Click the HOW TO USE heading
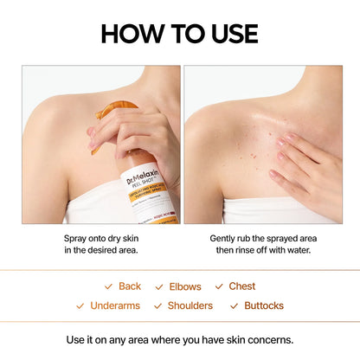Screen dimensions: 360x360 (179, 34)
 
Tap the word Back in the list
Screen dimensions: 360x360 (130, 286)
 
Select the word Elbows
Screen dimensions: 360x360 (184, 286)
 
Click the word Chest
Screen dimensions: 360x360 (242, 286)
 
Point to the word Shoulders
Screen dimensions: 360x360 (190, 305)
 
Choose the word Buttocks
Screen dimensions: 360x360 (263, 305)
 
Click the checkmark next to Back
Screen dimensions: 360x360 (108, 286)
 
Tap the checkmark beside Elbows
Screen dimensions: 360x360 (159, 286)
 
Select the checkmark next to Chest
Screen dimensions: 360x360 (220, 286)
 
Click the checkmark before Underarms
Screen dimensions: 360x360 (80, 305)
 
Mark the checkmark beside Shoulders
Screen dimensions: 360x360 (157, 305)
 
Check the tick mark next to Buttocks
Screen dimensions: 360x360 (235, 305)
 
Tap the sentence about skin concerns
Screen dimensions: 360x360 (179, 338)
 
